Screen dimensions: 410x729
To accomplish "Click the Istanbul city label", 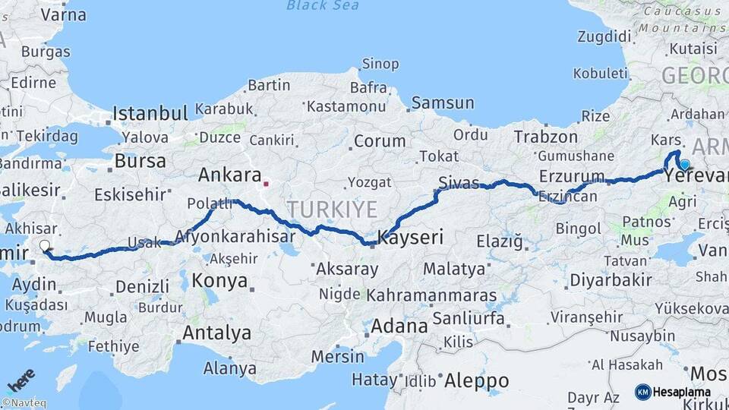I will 150,114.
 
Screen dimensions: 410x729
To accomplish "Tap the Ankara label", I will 229,175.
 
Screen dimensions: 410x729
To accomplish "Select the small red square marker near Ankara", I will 266,183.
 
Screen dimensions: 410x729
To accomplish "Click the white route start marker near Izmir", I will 44,246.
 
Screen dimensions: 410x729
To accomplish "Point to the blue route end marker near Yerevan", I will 685,164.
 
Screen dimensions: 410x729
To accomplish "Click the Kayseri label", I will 411,237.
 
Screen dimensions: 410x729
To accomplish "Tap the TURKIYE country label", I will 331,209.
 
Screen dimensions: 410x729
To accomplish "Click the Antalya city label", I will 216,333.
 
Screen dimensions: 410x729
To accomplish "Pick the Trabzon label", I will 545,137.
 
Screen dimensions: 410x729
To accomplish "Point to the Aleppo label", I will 476,379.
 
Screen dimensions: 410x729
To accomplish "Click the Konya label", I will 219,280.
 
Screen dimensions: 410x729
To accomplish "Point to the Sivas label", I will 459,183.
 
